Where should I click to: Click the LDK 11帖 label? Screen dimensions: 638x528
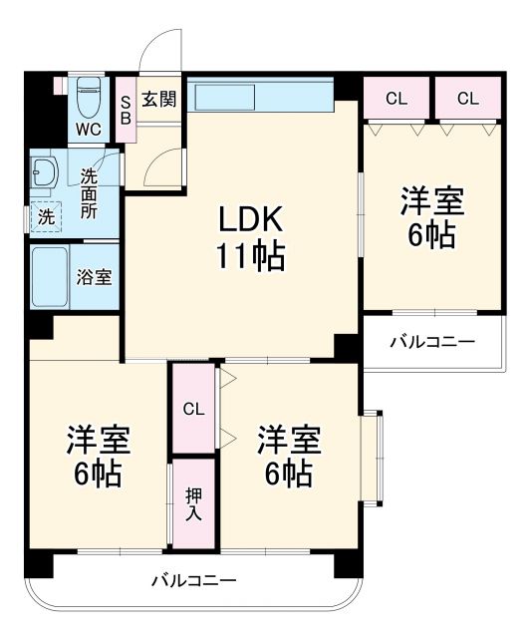click(249, 239)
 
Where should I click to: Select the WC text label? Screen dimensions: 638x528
click(89, 131)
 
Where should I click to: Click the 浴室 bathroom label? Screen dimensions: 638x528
click(95, 277)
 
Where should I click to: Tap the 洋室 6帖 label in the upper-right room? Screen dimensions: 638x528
click(431, 216)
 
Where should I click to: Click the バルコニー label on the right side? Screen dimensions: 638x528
click(431, 342)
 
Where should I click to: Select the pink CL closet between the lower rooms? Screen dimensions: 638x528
click(192, 408)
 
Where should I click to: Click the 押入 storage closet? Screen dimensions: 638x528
click(192, 502)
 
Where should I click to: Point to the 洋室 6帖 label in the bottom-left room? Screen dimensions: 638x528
click(98, 456)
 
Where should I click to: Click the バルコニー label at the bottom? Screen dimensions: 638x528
click(193, 579)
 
